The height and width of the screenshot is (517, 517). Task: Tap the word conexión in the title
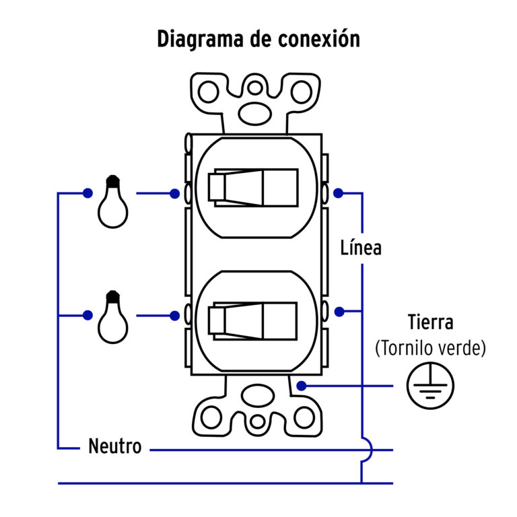pyautogui.click(x=319, y=38)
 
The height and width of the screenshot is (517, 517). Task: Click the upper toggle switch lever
pyautogui.click(x=253, y=187)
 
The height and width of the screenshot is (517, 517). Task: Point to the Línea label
pyautogui.click(x=360, y=247)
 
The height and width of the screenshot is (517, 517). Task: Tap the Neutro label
pyautogui.click(x=115, y=446)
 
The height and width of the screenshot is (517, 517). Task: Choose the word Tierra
pyautogui.click(x=431, y=322)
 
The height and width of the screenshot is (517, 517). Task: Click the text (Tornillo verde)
pyautogui.click(x=431, y=348)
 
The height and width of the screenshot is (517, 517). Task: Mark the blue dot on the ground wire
pyautogui.click(x=302, y=386)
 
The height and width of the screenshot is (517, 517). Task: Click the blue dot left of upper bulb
pyautogui.click(x=88, y=193)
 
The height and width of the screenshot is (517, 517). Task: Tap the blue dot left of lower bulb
pyautogui.click(x=88, y=315)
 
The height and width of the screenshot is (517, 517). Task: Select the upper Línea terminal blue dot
pyautogui.click(x=339, y=193)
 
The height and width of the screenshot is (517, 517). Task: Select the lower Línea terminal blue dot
pyautogui.click(x=340, y=312)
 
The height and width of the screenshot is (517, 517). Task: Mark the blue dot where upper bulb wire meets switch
pyautogui.click(x=174, y=193)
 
